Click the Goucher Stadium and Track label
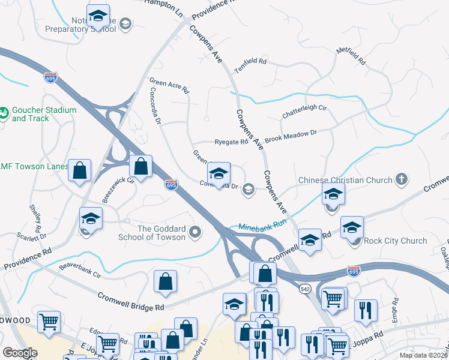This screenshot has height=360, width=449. click(x=44, y=114)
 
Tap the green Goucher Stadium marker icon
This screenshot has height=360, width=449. click(x=4, y=112)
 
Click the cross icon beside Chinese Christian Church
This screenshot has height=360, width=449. click(x=402, y=179)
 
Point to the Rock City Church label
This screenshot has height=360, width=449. click(x=396, y=241)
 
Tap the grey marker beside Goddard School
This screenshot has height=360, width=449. click(x=194, y=232)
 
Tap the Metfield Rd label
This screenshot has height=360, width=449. click(x=351, y=55)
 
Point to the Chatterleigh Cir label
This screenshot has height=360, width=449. click(x=304, y=112)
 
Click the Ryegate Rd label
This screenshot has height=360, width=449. click(x=232, y=142)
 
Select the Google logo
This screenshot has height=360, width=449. click(x=20, y=352)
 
